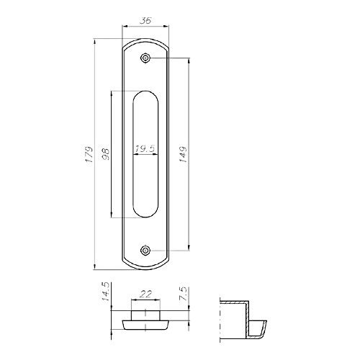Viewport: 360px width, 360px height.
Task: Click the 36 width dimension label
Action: (x=145, y=21)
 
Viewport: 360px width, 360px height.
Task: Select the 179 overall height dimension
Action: (x=89, y=154)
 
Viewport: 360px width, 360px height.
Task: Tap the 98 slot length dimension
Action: (x=106, y=154)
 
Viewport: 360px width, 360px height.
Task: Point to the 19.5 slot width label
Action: (x=145, y=149)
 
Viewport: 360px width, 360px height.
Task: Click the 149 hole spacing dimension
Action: (x=183, y=154)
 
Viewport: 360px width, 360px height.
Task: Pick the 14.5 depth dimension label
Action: (x=106, y=292)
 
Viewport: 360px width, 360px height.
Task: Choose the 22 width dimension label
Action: (x=145, y=294)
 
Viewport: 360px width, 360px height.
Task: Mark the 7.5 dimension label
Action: (x=183, y=294)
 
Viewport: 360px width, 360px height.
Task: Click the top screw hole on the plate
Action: (x=145, y=58)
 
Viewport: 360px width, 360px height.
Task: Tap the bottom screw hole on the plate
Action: (x=145, y=251)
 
